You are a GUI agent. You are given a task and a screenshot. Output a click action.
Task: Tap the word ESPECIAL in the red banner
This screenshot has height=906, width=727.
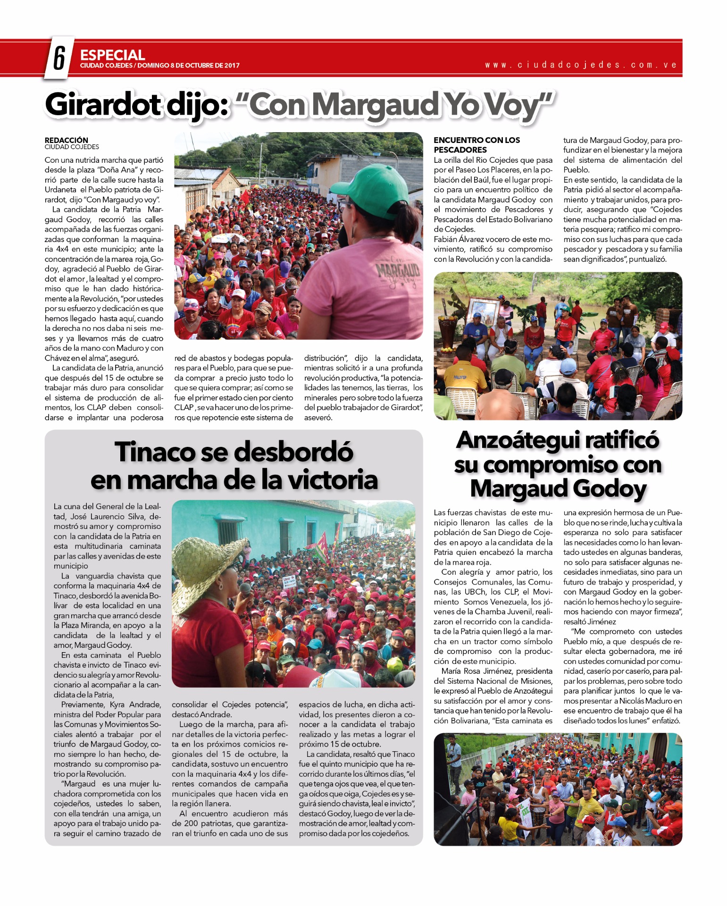coord(112,55)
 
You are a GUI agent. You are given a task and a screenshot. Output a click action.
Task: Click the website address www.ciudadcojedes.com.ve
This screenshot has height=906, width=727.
coord(581,65)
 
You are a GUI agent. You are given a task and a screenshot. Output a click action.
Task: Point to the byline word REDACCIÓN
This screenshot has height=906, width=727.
coord(67,140)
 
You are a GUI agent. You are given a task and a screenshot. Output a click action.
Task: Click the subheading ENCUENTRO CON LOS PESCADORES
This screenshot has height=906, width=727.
coord(476,145)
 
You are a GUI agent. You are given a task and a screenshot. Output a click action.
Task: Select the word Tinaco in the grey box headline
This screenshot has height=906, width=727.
coord(154,452)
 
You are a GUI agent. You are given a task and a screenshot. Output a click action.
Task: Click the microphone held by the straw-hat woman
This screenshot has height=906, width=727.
coord(245,589)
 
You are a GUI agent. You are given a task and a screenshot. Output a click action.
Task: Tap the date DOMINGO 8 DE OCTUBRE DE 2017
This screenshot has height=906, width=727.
coord(188,66)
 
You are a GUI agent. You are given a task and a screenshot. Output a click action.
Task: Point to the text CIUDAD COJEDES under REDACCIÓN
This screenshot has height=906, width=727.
coord(72,147)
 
